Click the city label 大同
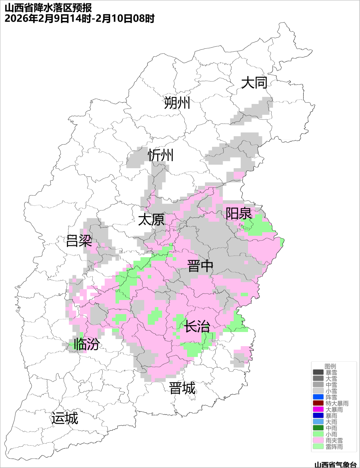254,83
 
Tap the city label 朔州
177,103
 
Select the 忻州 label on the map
161,155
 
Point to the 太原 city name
151,220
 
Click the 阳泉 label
239,214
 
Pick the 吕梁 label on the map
79,241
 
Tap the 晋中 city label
200,266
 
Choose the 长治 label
197,326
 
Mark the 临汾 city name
86,344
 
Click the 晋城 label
182,388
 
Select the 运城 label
65,418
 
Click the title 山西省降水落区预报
48,8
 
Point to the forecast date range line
79,19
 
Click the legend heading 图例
330,366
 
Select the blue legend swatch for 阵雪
318,397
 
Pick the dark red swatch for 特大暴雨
318,403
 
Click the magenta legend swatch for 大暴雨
318,409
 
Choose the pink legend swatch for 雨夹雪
318,440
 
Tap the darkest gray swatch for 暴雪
318,372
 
